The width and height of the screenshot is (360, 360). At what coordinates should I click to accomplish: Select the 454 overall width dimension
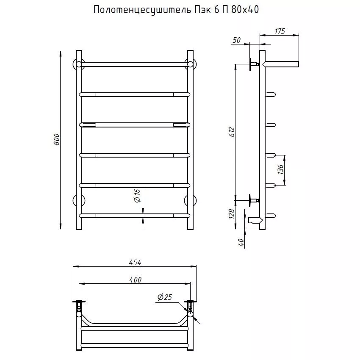pyautogui.click(x=135, y=263)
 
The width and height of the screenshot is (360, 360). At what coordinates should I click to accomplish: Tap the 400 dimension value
pyautogui.click(x=135, y=280)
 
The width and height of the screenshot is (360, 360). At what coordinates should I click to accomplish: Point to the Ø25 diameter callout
pyautogui.click(x=164, y=298)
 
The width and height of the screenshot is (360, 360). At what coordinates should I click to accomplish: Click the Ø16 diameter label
pyautogui.click(x=137, y=196)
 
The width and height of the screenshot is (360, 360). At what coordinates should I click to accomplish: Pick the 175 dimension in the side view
pyautogui.click(x=280, y=31)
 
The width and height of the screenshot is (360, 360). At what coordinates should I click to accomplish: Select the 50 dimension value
pyautogui.click(x=237, y=40)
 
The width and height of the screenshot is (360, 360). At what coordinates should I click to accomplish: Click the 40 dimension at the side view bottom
pyautogui.click(x=241, y=242)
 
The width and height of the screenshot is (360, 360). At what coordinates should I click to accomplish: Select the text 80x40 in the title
pyautogui.click(x=244, y=10)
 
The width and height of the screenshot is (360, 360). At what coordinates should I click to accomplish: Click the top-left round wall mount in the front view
pyautogui.click(x=78, y=64)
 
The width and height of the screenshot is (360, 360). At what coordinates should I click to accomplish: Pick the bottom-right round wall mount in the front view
pyautogui.click(x=190, y=200)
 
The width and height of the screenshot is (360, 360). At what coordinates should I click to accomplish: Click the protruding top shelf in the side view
pyautogui.click(x=282, y=64)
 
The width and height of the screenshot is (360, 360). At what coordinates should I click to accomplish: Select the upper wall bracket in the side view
pyautogui.click(x=253, y=64)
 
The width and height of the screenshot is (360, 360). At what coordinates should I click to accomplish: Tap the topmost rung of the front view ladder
pyautogui.click(x=134, y=64)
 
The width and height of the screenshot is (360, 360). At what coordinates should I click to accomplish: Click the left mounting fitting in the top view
pyautogui.click(x=80, y=307)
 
